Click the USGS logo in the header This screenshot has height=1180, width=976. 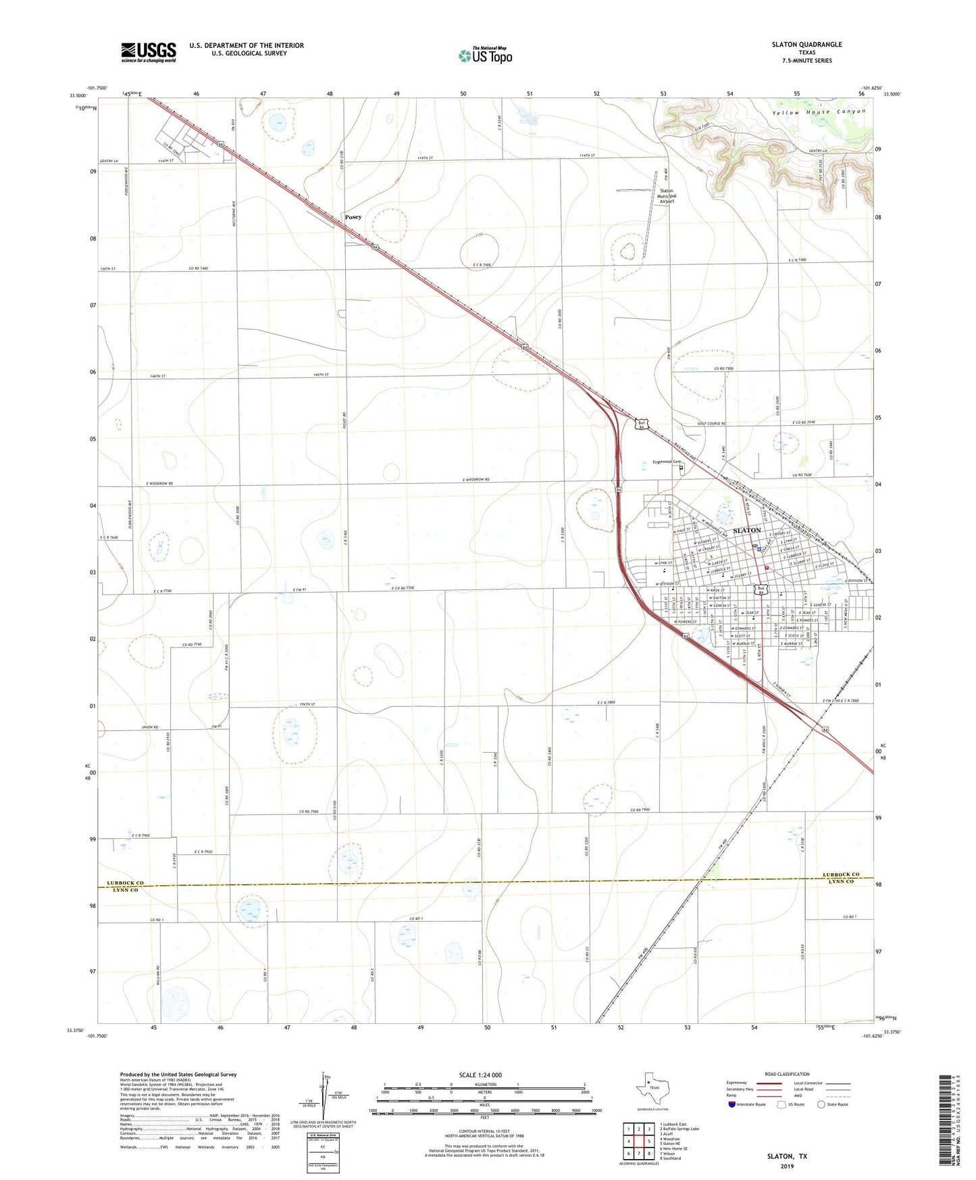(149, 52)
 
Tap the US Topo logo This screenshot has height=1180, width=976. (484, 55)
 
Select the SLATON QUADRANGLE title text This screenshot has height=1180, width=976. (806, 45)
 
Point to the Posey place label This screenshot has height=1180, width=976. (353, 217)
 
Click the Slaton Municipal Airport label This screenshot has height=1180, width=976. (667, 196)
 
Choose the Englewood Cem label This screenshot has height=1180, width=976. (667, 462)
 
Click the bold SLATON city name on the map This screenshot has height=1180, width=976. (747, 531)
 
